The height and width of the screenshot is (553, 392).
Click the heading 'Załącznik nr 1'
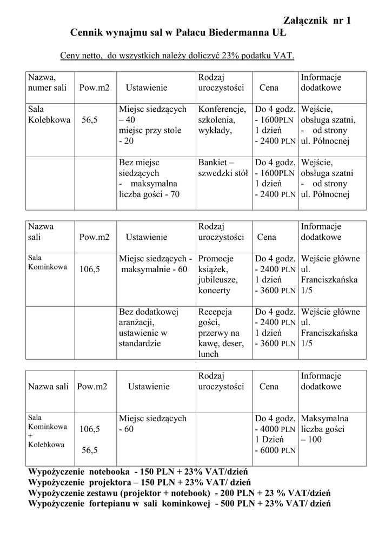point(317,21)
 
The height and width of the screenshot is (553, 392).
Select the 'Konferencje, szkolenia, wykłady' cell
point(222,120)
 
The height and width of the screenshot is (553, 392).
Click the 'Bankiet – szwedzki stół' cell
point(223,168)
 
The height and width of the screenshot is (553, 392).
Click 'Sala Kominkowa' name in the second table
point(47,262)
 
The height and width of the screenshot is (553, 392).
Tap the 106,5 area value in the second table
point(90,269)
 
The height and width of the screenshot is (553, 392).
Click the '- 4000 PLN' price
point(275,429)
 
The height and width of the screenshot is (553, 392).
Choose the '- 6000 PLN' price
point(275,450)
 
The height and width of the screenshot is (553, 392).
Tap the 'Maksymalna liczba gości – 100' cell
point(325,429)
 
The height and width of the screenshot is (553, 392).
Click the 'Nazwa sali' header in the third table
point(49,387)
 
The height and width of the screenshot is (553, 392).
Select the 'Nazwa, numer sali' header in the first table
point(47,83)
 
